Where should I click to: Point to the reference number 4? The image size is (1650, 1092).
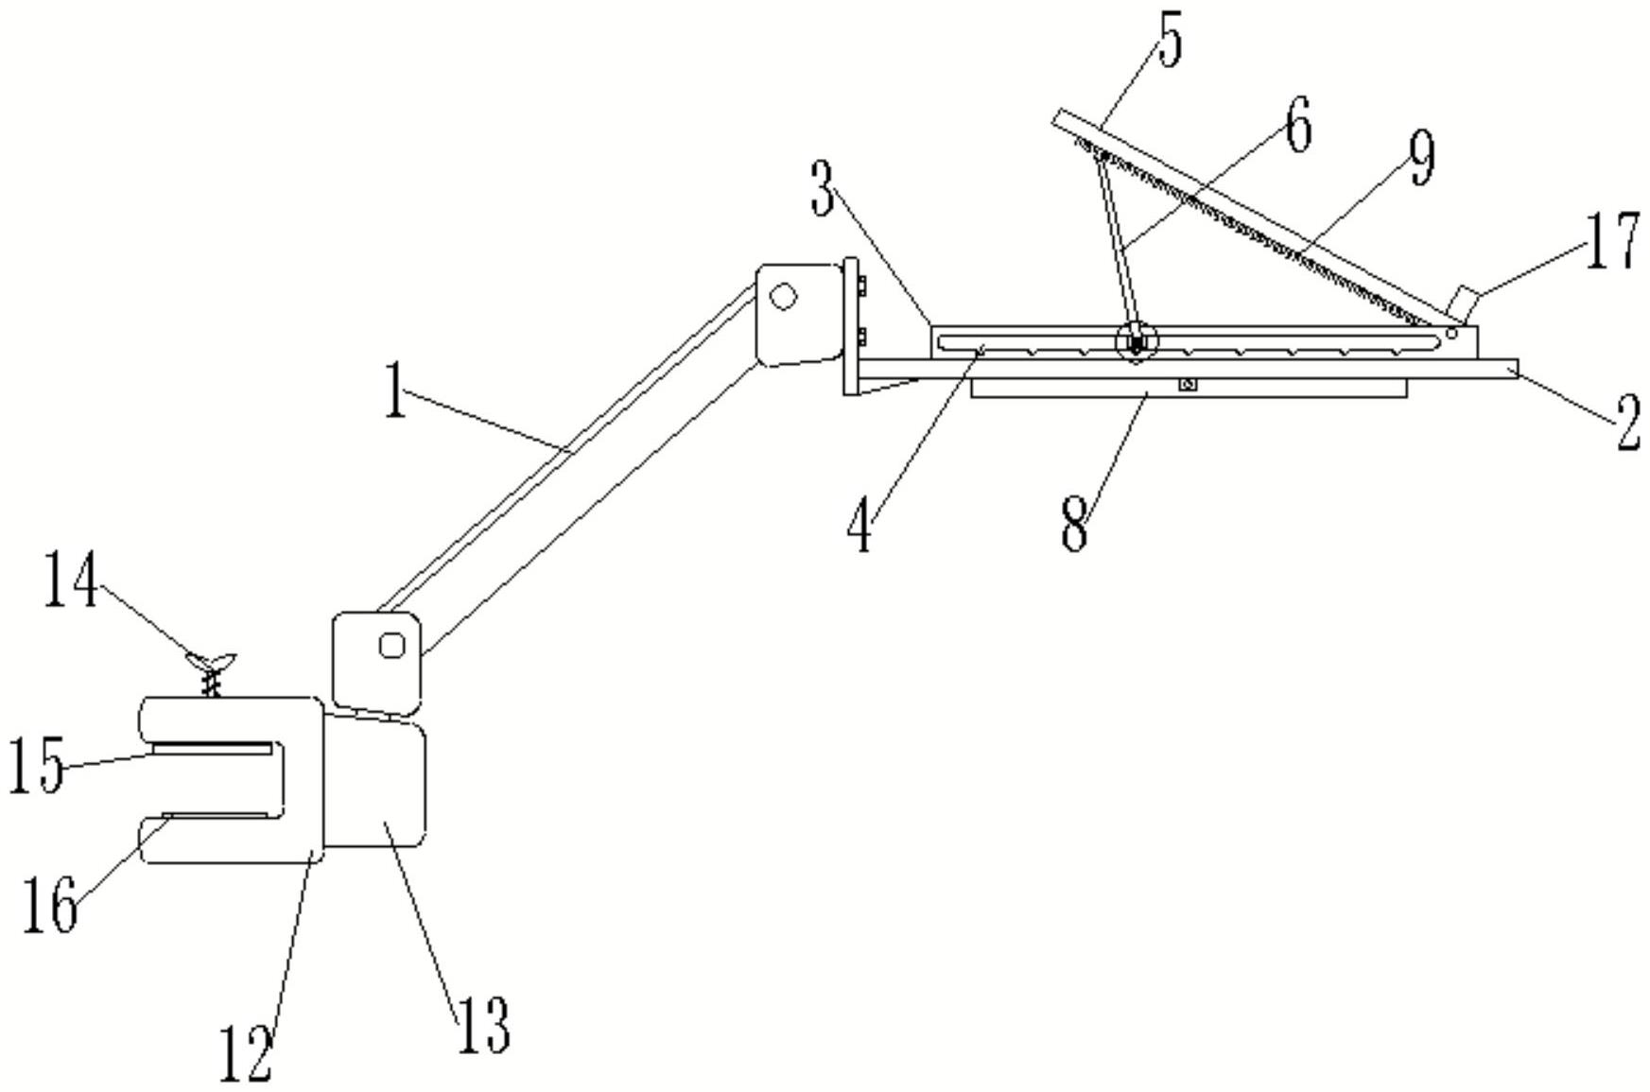tap(859, 529)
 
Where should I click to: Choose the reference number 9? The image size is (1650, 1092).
tap(1421, 158)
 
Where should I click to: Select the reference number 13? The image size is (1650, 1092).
tap(484, 1026)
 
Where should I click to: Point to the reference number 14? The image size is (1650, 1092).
tap(71, 579)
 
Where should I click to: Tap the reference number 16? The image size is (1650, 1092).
tap(50, 905)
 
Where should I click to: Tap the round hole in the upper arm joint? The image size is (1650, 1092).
tap(783, 297)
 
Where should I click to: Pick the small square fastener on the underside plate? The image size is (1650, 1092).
tap(1189, 385)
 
